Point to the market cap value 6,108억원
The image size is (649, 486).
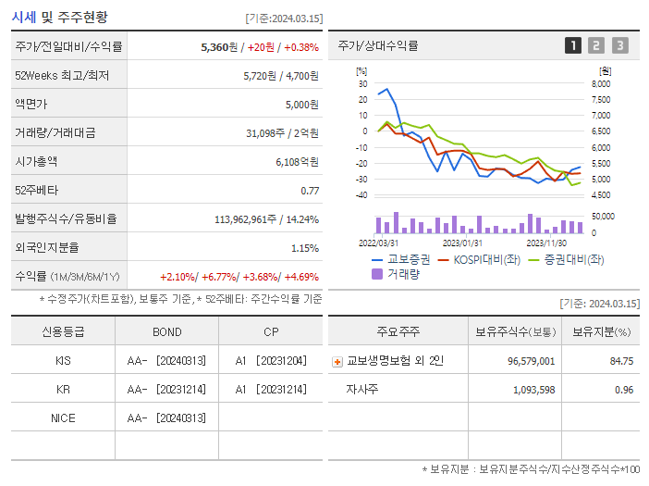pyautogui.click(x=297, y=162)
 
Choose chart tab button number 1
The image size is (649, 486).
pyautogui.click(x=573, y=45)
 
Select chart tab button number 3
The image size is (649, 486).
pyautogui.click(x=619, y=45)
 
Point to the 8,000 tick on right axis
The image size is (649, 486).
pyautogui.click(x=600, y=83)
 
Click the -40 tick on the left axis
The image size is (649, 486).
pyautogui.click(x=361, y=195)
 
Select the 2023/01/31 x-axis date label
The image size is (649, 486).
pyautogui.click(x=462, y=243)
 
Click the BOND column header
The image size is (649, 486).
pyautogui.click(x=167, y=331)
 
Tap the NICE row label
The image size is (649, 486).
pyautogui.click(x=63, y=417)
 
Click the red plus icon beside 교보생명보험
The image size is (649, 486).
pyautogui.click(x=337, y=361)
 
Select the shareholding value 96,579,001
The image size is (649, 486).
pyautogui.click(x=532, y=361)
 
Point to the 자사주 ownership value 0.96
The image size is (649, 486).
pyautogui.click(x=624, y=390)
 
